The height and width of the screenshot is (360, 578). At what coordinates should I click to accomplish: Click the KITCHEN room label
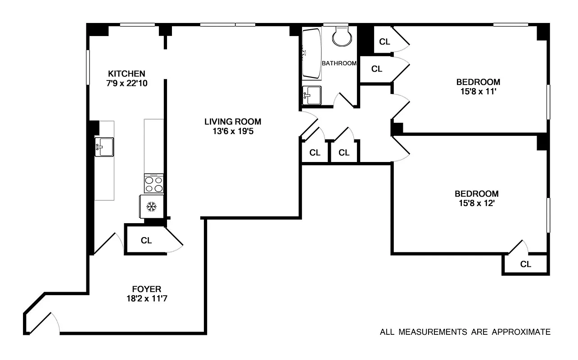(126, 73)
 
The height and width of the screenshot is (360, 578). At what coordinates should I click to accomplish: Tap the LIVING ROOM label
(232, 121)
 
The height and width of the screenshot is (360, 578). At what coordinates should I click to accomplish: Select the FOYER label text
(146, 289)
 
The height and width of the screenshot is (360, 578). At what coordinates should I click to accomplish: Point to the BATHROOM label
(339, 63)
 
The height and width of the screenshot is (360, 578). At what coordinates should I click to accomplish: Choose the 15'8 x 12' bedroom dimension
(476, 203)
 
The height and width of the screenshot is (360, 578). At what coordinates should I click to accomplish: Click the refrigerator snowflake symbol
(152, 207)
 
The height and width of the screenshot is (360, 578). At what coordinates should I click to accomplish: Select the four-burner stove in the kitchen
(154, 184)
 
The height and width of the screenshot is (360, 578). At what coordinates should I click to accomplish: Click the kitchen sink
(104, 147)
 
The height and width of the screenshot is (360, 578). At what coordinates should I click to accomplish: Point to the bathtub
(311, 53)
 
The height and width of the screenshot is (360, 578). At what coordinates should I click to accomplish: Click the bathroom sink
(312, 95)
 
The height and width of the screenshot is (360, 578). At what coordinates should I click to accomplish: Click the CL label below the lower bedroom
(525, 265)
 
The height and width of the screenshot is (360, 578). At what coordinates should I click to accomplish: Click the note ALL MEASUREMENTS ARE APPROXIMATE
(465, 333)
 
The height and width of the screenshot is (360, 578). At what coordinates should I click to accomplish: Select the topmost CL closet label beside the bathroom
(384, 42)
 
